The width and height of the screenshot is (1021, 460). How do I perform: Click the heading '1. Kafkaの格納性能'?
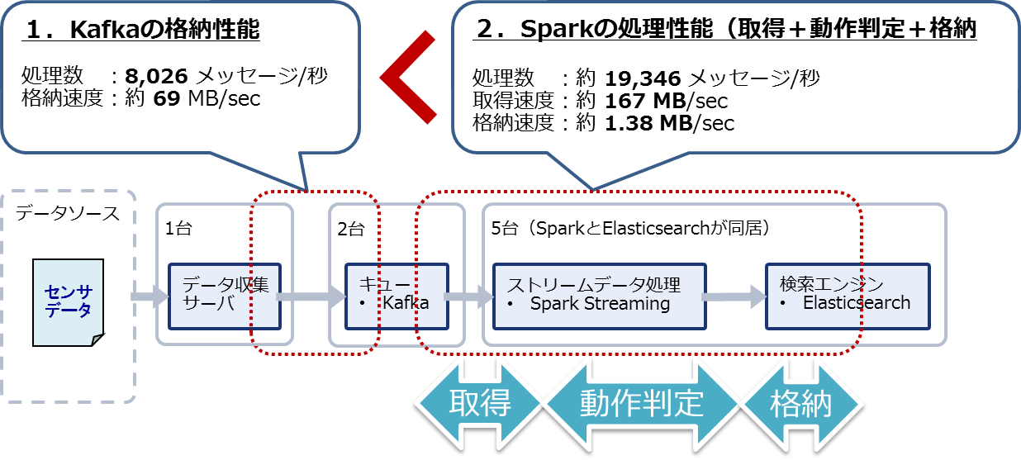143,31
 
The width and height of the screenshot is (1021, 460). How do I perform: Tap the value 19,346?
643,79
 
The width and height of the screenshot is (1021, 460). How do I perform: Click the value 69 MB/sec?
207,100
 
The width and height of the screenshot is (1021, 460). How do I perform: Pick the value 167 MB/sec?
666,102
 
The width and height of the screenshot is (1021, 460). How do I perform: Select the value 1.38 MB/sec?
669,124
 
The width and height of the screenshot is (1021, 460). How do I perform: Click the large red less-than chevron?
409,78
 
